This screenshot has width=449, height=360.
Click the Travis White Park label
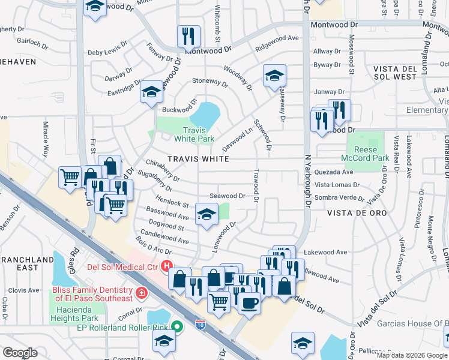click(194, 134)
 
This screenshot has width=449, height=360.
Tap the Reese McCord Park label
click(366, 154)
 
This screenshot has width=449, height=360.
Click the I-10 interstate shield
click(200, 324)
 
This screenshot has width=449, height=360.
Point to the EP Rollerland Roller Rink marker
click(176, 327)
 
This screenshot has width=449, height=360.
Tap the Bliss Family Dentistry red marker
click(141, 293)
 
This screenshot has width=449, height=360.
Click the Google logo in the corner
click(20, 352)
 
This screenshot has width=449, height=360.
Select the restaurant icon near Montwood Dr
click(188, 37)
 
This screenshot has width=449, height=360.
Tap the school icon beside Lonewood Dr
click(206, 214)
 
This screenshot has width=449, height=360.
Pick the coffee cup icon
click(249, 302)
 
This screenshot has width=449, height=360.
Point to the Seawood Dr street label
click(227, 196)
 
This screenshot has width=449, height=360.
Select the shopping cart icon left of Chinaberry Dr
click(70, 177)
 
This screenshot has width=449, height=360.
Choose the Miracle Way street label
click(46, 139)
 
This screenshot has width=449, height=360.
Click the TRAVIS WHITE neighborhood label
click(198, 159)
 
